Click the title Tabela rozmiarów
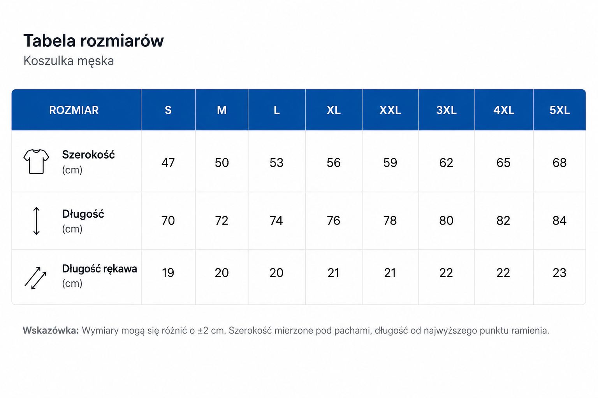[93, 41]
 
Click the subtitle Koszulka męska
[69, 61]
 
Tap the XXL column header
[390, 110]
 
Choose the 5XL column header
[559, 110]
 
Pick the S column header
[168, 110]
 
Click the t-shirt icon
[36, 162]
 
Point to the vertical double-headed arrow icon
[37, 221]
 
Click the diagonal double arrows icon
[35, 278]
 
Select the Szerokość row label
[88, 155]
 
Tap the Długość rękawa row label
[100, 269]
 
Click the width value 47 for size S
[168, 162]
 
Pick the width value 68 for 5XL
[559, 162]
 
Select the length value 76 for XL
[333, 220]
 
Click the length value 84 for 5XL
[559, 220]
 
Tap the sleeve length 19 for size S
[168, 273]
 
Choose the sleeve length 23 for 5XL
[559, 273]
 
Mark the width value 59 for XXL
[390, 162]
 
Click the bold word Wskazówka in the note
[51, 330]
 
